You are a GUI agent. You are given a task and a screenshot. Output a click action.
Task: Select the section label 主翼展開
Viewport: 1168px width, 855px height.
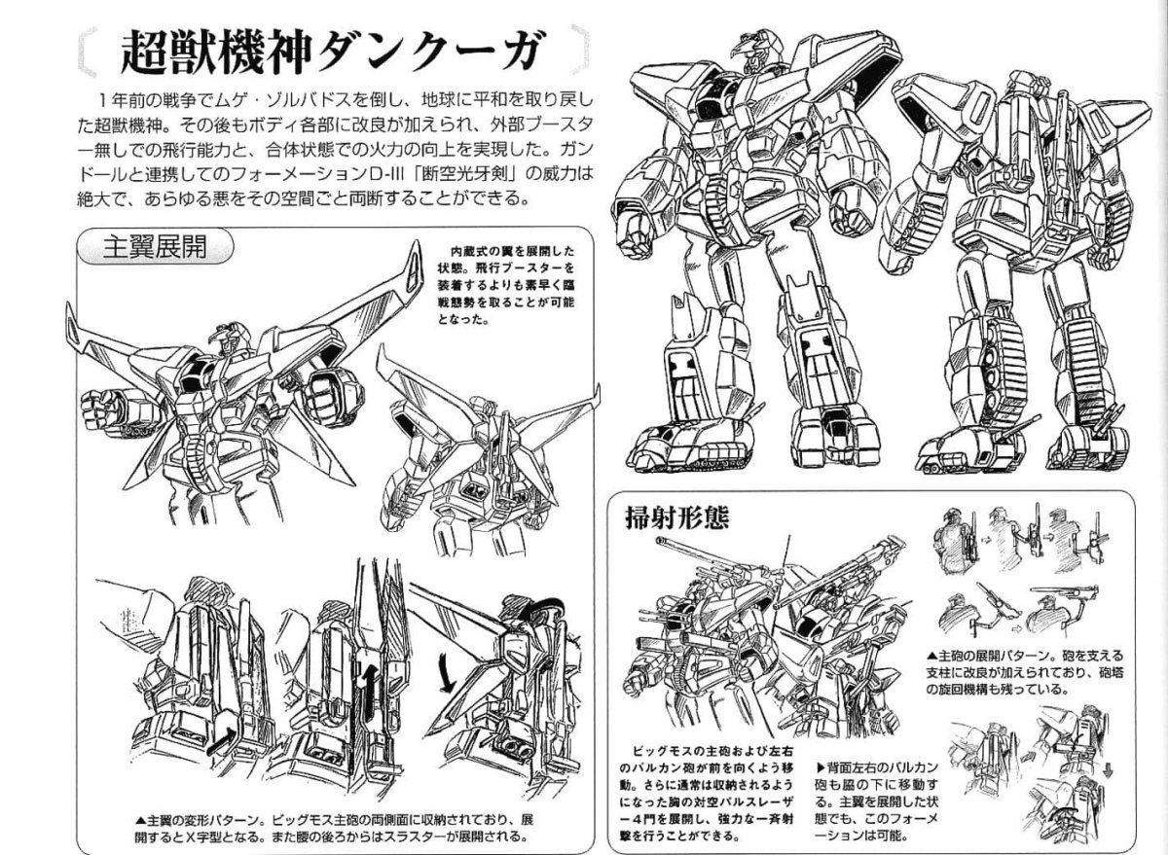click(x=155, y=246)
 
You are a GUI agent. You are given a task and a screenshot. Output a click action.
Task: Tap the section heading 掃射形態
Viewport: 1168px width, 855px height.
click(x=676, y=517)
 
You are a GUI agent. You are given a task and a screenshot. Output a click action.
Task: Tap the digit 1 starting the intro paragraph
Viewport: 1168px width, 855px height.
click(x=105, y=99)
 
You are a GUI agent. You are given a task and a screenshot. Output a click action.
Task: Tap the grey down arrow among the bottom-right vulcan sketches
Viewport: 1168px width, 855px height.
click(x=1109, y=769)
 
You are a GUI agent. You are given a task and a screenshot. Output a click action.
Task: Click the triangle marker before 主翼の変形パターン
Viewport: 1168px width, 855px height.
click(x=140, y=820)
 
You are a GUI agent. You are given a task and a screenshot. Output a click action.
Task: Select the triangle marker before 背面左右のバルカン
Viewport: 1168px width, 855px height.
click(x=821, y=767)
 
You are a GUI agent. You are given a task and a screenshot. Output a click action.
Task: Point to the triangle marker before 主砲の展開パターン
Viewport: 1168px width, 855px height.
click(x=931, y=656)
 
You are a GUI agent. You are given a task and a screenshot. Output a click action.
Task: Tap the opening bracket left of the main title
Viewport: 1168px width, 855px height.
click(x=86, y=51)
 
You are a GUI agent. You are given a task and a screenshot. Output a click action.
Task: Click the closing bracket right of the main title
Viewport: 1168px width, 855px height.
click(x=580, y=50)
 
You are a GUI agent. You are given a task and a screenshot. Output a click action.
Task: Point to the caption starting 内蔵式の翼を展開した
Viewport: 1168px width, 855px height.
click(x=506, y=285)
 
